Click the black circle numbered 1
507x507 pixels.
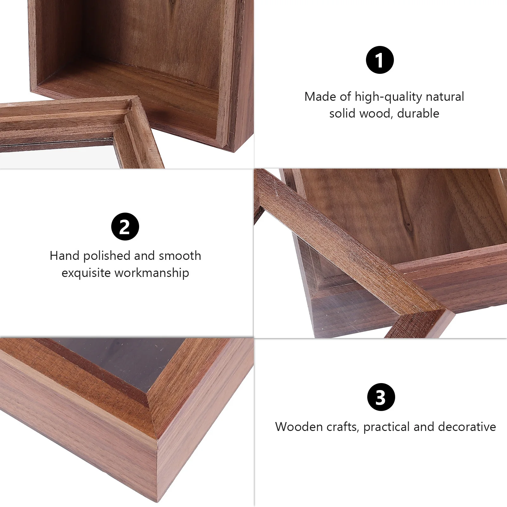[380, 60]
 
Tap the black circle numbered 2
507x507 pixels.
[125, 227]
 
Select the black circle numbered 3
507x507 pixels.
[381, 397]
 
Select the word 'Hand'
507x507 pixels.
[64, 256]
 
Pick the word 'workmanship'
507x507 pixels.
[152, 273]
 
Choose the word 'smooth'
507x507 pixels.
[180, 256]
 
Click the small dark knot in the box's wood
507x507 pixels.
[408, 225]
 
